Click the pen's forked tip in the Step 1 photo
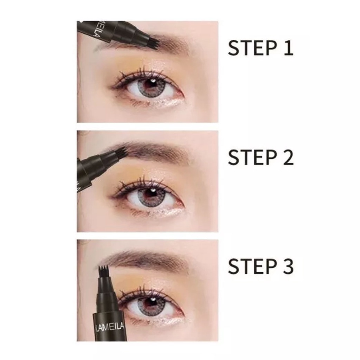154,43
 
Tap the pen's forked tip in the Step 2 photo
121,152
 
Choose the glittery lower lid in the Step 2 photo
165,212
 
